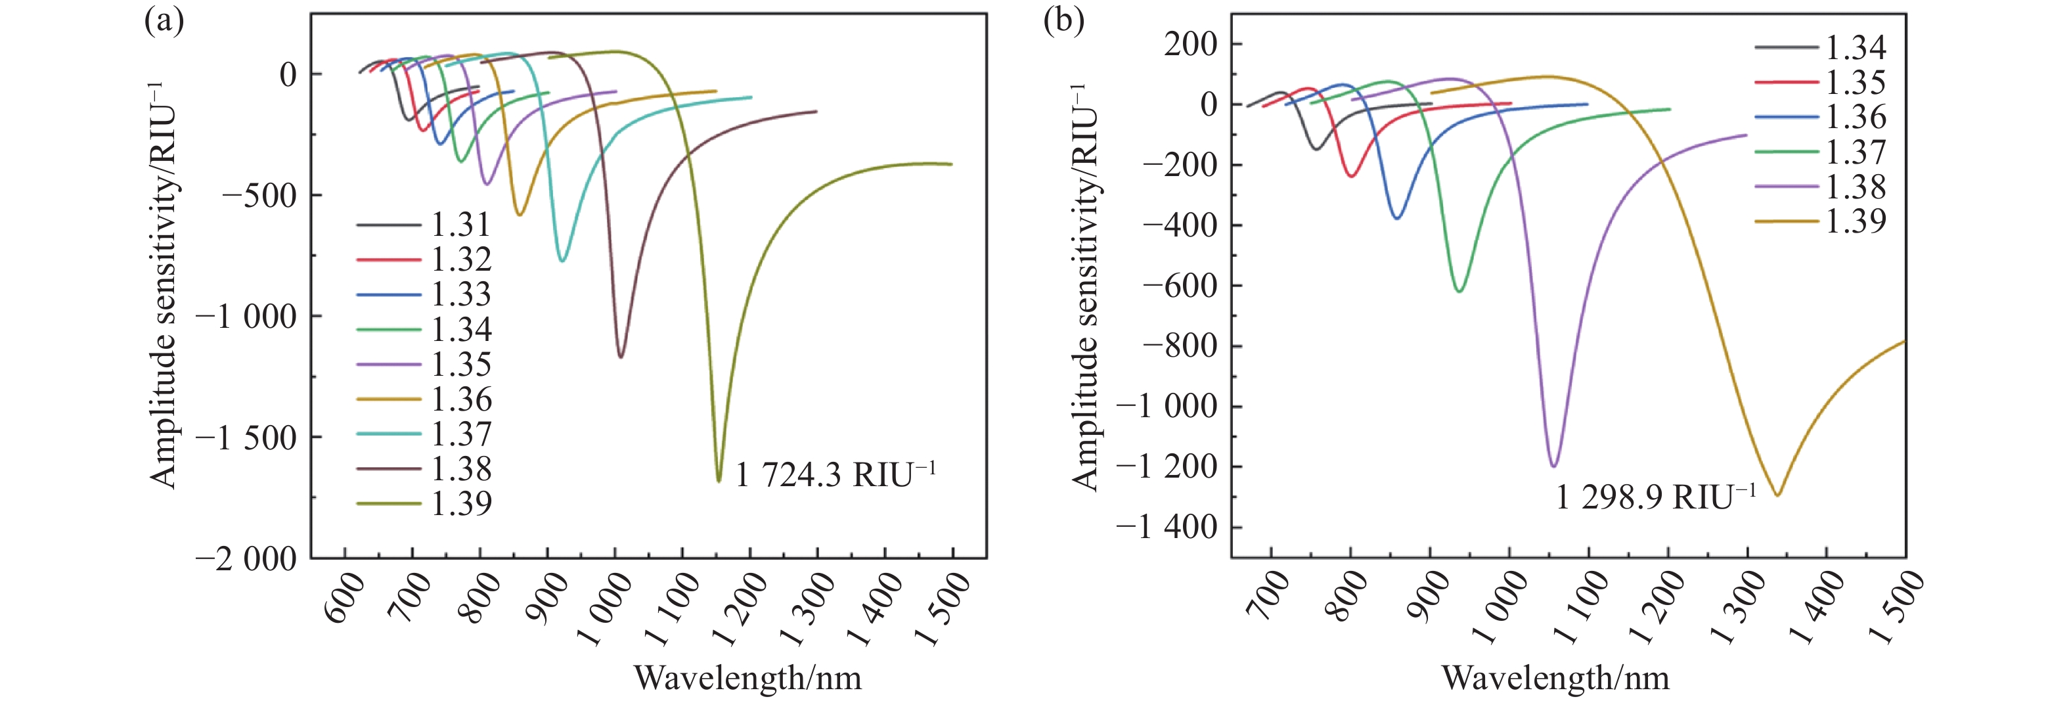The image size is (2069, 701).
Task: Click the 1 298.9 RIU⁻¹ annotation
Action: (x=1655, y=498)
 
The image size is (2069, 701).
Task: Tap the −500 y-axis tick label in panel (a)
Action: (x=259, y=195)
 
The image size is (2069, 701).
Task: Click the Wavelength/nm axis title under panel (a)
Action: (x=747, y=679)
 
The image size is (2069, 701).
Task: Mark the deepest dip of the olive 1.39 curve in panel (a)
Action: (x=719, y=480)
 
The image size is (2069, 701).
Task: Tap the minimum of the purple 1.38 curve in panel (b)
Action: (x=1554, y=466)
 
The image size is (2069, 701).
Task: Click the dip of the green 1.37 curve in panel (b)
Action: (x=1459, y=290)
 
